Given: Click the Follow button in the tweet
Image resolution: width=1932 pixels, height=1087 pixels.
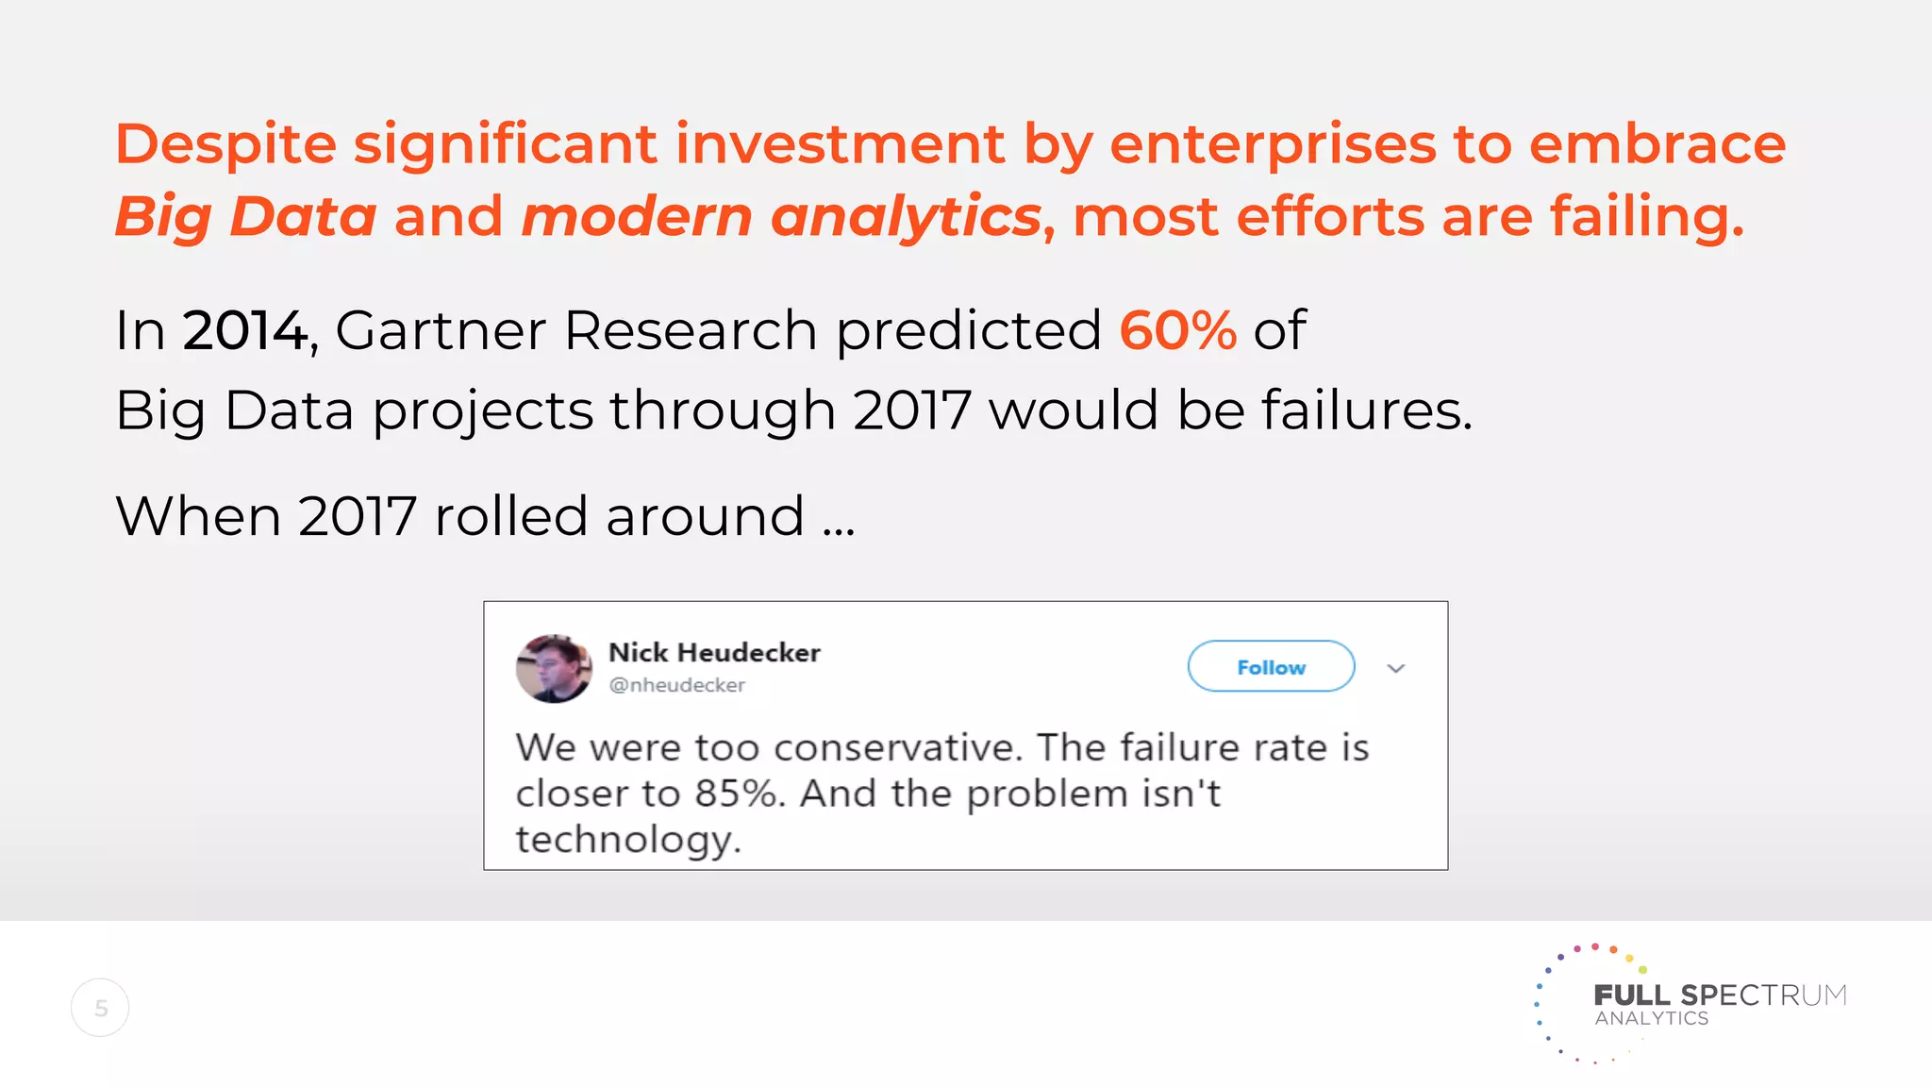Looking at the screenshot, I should click(1271, 667).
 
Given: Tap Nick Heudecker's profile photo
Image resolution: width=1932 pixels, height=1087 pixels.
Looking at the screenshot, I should click(554, 668).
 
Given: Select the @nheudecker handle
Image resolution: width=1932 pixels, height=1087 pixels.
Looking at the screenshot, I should click(677, 685).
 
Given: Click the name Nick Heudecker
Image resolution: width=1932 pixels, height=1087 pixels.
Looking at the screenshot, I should click(714, 653).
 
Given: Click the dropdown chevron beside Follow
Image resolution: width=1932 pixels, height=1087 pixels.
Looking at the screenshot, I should click(1396, 668).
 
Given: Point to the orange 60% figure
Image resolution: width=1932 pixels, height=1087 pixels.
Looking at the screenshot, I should click(1177, 330).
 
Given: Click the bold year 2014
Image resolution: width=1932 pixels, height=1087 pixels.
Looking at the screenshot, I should click(244, 330).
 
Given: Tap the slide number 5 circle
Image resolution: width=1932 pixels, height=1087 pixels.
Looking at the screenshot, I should click(100, 1008).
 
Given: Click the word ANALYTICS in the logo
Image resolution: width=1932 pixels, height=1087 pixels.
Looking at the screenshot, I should click(1652, 1018).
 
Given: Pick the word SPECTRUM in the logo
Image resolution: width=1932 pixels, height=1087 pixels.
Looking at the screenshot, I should click(1763, 995).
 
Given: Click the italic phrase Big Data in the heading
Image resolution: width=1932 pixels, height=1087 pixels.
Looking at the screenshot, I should click(245, 216).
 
